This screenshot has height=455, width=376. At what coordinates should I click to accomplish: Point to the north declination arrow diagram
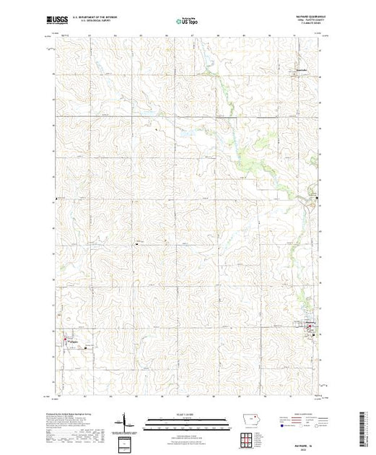(x=127, y=420)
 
